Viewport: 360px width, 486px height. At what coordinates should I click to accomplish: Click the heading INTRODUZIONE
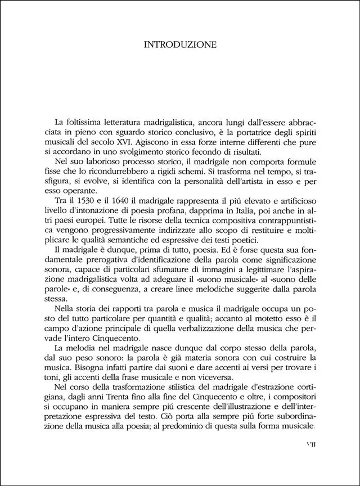tap(179, 44)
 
